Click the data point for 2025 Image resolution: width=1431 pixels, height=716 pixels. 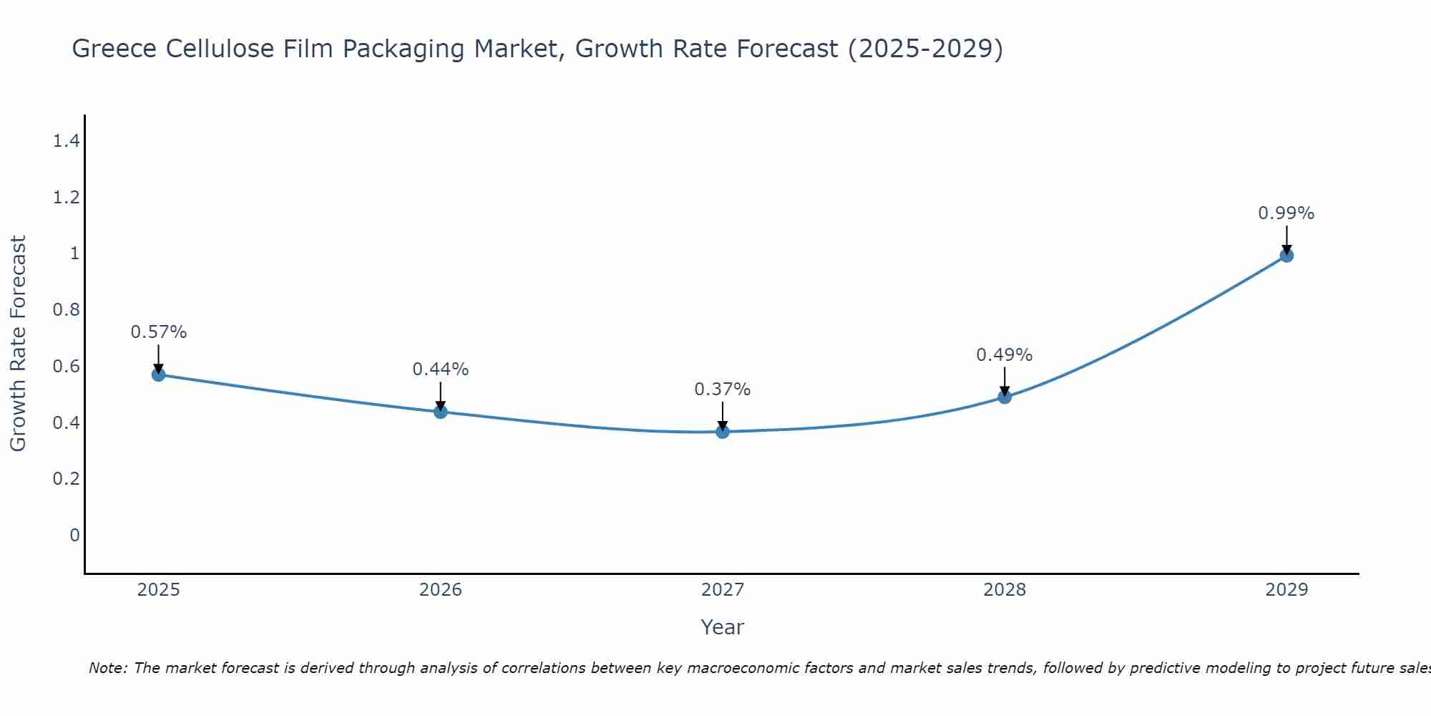coord(159,374)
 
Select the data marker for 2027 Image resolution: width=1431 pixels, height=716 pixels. coord(723,432)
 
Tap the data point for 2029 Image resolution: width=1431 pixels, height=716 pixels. coord(1286,256)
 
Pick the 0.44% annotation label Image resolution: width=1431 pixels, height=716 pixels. coord(441,369)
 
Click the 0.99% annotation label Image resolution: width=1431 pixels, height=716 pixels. coord(1286,213)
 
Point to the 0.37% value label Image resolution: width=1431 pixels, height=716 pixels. coord(723,390)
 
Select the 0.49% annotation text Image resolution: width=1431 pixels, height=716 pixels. coord(1005,355)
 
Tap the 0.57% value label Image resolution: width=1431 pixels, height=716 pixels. coord(159,332)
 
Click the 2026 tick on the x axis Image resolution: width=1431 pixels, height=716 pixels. coord(441,590)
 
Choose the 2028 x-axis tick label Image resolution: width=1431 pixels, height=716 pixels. coord(1005,590)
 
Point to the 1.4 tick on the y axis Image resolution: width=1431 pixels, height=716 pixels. coord(66,141)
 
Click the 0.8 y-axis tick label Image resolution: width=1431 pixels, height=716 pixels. coord(66,310)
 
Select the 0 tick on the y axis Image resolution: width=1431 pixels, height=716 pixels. coord(74,535)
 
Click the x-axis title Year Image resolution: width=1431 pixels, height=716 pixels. coord(723,627)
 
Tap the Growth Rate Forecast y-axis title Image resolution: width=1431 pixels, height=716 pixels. coord(18,343)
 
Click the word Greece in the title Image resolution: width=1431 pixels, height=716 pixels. coord(114,49)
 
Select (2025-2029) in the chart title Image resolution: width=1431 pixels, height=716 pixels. coord(925,49)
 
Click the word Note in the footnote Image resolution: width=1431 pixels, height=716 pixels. coord(107,668)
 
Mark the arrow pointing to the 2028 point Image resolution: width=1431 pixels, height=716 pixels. coord(1005,382)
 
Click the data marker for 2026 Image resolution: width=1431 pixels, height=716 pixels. coord(441,412)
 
